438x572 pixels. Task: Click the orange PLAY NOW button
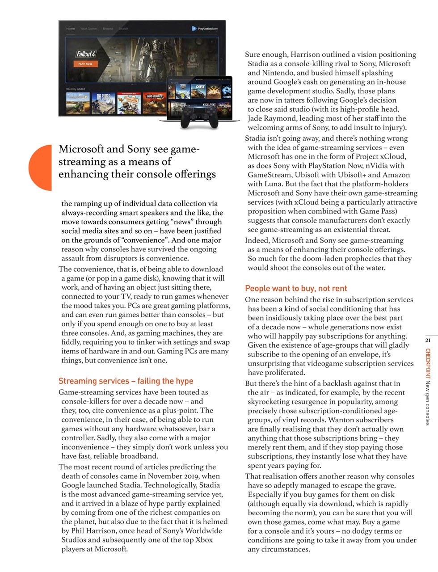pos(85,64)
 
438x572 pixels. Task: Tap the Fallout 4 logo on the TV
pos(85,54)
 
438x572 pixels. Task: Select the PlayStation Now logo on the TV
pos(205,29)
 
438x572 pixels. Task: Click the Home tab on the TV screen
pos(71,29)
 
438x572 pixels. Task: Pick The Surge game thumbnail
pos(103,103)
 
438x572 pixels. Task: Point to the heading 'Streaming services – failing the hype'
pos(126,381)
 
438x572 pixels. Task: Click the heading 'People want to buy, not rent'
pos(296,288)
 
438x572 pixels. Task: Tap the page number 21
pos(428,341)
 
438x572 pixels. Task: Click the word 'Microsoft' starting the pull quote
pos(81,149)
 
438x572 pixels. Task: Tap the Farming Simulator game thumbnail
pos(78,103)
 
